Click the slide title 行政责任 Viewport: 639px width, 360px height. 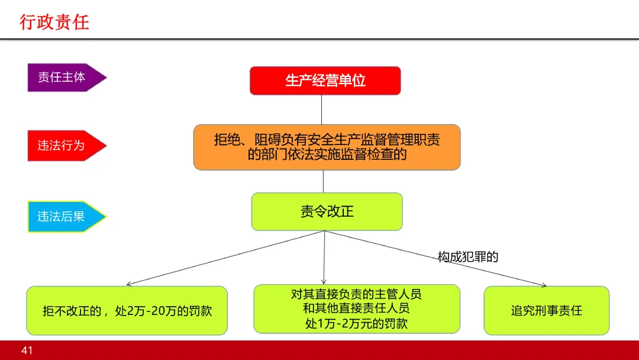(54, 22)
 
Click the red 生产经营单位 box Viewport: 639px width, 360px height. (325, 81)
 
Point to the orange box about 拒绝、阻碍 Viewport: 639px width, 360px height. (327, 147)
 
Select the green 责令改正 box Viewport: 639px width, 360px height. (327, 211)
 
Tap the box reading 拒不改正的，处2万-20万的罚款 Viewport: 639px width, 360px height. (127, 310)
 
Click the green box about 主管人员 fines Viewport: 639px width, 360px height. (356, 308)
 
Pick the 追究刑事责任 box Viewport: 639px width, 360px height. (546, 310)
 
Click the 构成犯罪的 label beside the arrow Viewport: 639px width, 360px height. (468, 256)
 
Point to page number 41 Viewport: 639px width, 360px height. (27, 351)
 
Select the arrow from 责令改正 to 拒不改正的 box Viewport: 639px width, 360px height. (225, 258)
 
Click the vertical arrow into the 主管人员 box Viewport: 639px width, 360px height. (324, 258)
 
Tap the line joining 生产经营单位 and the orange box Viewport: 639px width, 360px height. (321, 110)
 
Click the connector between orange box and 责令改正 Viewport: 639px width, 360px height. (323, 181)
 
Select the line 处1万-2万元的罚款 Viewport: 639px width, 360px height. (356, 323)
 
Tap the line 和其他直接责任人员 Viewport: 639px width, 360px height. (356, 308)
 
